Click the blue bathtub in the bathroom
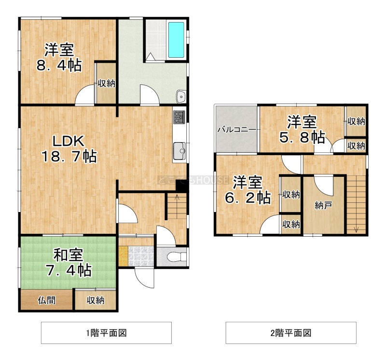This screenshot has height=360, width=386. coord(176,40)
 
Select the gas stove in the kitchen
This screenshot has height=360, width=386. coord(179,117)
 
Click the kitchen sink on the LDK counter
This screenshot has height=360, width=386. coord(179,151)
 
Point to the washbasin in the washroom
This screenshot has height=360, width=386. coord(181,96)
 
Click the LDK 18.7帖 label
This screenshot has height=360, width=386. coord(69,149)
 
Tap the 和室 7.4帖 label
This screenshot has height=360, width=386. coord(69,263)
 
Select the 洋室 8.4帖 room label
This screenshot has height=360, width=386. coord(59,57)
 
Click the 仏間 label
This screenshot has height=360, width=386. coord(46,300)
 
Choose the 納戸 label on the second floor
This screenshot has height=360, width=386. coord(323,205)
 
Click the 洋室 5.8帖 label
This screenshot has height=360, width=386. coord(302,130)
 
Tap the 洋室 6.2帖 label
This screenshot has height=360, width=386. coord(248,190)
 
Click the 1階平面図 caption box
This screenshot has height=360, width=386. coord(106,333)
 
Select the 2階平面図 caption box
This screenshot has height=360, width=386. coord(291,333)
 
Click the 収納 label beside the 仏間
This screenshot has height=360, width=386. coord(96,300)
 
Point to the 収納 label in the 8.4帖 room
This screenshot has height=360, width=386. coord(106,83)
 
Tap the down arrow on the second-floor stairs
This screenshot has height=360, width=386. coord(356,229)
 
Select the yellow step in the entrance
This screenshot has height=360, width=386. coord(123,256)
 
